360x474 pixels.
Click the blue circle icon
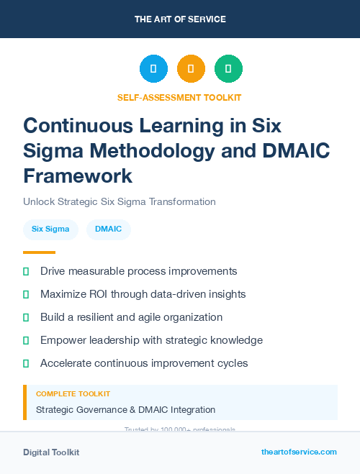tap(153, 69)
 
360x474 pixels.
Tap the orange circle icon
tap(191, 69)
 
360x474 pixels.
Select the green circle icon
tap(228, 69)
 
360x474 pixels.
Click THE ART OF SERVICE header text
tap(180, 19)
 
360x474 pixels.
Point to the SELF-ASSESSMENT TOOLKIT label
tap(179, 97)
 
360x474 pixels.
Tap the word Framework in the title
tap(78, 176)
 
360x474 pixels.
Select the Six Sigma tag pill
tap(50, 229)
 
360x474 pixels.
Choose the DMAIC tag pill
tap(109, 229)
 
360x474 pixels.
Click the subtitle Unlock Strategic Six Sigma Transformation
tap(119, 201)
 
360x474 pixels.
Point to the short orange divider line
tap(39, 252)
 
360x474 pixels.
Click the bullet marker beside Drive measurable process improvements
tap(26, 271)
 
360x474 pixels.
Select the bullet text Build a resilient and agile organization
tap(131, 317)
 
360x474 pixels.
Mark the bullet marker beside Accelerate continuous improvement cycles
tap(26, 363)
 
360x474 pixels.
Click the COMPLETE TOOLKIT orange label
tap(73, 394)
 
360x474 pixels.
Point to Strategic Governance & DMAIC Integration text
tap(125, 410)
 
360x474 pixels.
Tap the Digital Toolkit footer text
tap(51, 452)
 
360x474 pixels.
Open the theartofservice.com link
tap(299, 452)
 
